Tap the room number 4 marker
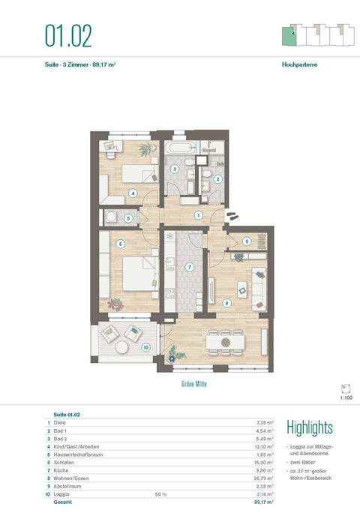pyautogui.click(x=133, y=193)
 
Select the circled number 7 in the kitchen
pyautogui.click(x=190, y=266)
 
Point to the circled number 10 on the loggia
pyautogui.click(x=145, y=346)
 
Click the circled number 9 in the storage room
pyautogui.click(x=247, y=241)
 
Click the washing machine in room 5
pyautogui.click(x=113, y=218)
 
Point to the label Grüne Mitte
pyautogui.click(x=193, y=383)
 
